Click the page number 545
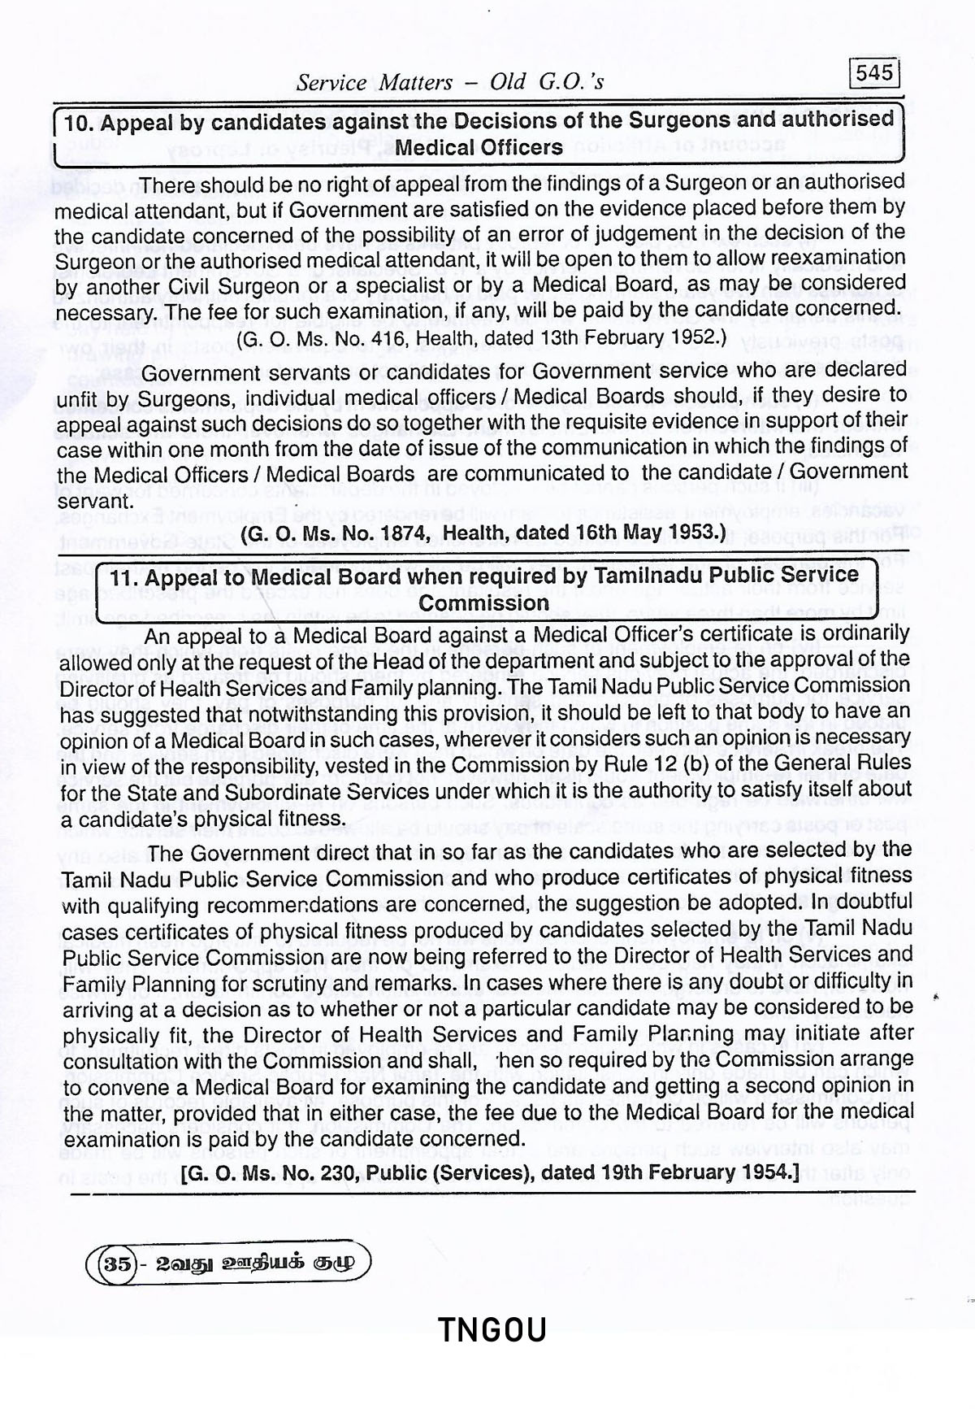(x=874, y=73)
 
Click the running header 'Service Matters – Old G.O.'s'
(x=449, y=82)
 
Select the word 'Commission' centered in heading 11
(x=484, y=603)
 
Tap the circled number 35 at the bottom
(x=114, y=1264)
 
